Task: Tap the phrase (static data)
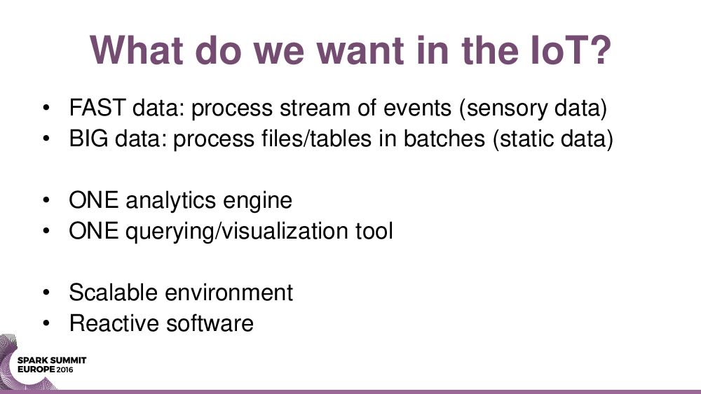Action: [x=552, y=139]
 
